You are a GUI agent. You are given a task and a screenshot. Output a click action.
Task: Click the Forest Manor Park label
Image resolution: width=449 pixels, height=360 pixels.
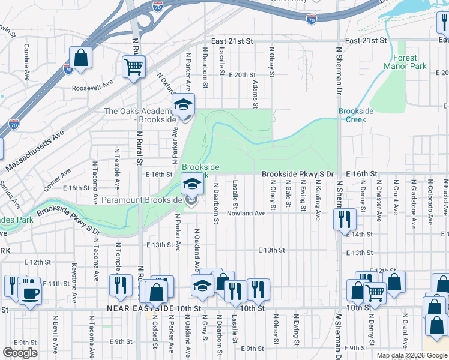coord(405,62)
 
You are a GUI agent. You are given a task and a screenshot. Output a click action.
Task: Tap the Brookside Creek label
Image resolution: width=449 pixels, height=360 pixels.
coord(356,115)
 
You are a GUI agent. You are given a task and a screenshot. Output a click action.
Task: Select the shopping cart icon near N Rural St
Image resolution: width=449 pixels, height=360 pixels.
coord(133,66)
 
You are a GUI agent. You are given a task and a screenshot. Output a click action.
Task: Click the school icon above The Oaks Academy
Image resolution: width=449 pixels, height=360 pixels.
coord(184,104)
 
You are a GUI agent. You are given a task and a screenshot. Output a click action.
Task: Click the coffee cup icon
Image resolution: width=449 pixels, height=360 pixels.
coord(29,293)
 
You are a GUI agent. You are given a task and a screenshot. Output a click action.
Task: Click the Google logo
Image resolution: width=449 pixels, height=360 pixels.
coord(20,353)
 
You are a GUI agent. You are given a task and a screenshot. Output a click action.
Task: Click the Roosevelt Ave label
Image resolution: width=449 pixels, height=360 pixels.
coord(92,84)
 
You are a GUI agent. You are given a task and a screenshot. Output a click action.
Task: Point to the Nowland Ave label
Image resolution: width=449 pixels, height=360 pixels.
coord(246,213)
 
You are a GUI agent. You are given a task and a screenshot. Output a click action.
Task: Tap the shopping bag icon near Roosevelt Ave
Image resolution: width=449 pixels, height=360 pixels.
coord(80,58)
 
